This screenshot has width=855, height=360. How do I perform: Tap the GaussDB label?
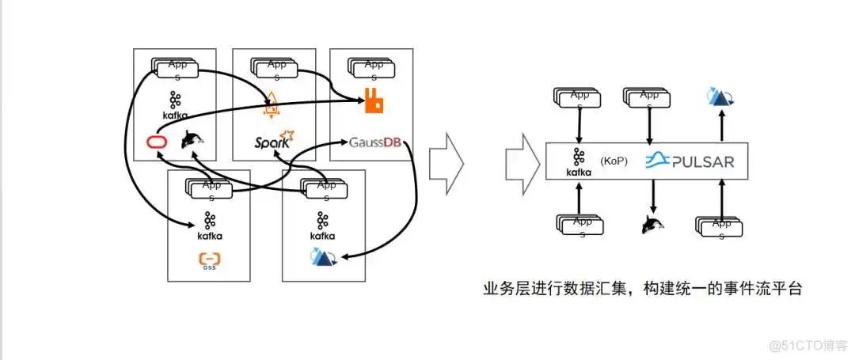click(x=375, y=142)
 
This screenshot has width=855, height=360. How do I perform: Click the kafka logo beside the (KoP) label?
click(x=579, y=161)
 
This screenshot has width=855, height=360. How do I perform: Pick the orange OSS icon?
click(x=209, y=260)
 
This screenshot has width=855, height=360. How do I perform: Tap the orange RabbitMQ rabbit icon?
click(x=373, y=100)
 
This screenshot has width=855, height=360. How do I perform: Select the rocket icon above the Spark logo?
click(x=272, y=100)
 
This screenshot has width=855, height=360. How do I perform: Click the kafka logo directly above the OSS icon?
click(x=209, y=225)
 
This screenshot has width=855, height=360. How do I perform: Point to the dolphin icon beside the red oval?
click(x=192, y=140)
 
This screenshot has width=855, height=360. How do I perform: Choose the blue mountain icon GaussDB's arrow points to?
click(x=323, y=256)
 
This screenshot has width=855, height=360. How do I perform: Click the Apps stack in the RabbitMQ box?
click(x=373, y=68)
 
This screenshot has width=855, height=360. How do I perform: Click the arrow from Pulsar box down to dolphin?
click(x=652, y=194)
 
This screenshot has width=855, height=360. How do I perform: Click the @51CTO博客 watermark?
click(x=803, y=345)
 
